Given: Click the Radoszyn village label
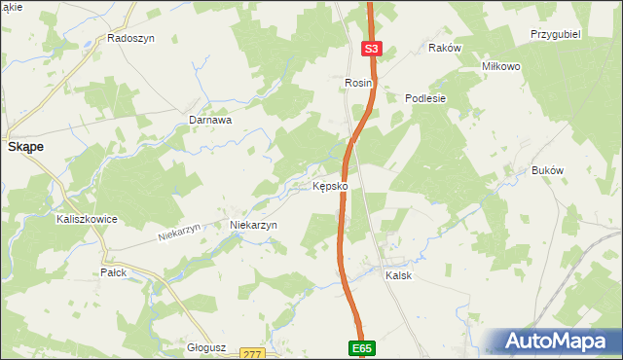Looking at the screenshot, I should point(131,39).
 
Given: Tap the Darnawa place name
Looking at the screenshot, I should point(209,121).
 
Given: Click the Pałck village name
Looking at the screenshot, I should point(114,272).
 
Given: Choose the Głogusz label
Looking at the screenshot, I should point(205,346).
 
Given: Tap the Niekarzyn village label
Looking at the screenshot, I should point(253,225).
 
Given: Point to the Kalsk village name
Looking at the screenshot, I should point(398,275).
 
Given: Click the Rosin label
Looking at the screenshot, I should point(359,84).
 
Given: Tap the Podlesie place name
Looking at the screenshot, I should point(425,97).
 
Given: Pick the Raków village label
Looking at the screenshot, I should point(444,47).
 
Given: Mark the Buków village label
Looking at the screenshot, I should point(548,170).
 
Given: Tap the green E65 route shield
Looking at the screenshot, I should point(362,347).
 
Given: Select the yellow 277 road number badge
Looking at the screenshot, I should point(252,354).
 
